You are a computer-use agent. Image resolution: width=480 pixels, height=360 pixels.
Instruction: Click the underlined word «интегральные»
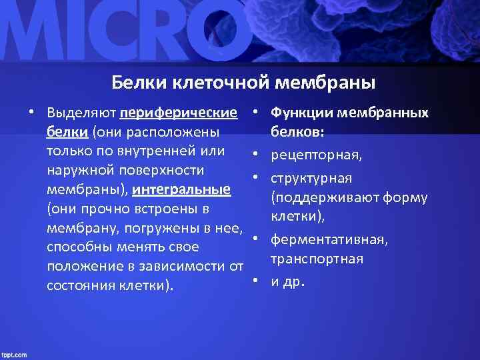click(x=182, y=189)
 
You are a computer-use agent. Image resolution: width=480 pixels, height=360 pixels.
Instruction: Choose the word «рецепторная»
click(x=317, y=155)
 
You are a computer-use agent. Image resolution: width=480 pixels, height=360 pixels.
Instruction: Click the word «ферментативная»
click(x=329, y=239)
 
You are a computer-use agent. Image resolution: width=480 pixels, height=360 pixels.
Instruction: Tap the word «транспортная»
click(x=317, y=259)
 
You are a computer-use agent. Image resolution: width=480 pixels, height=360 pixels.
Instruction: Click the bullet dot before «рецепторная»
click(x=255, y=156)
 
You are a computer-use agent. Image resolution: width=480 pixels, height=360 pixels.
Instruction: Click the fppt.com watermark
click(x=14, y=354)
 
